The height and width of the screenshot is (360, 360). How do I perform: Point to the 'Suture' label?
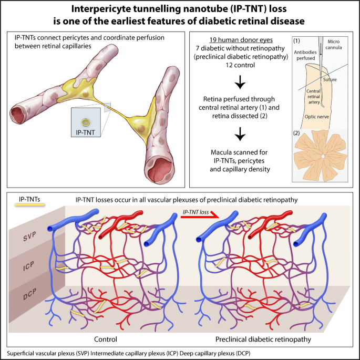click(331, 79)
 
